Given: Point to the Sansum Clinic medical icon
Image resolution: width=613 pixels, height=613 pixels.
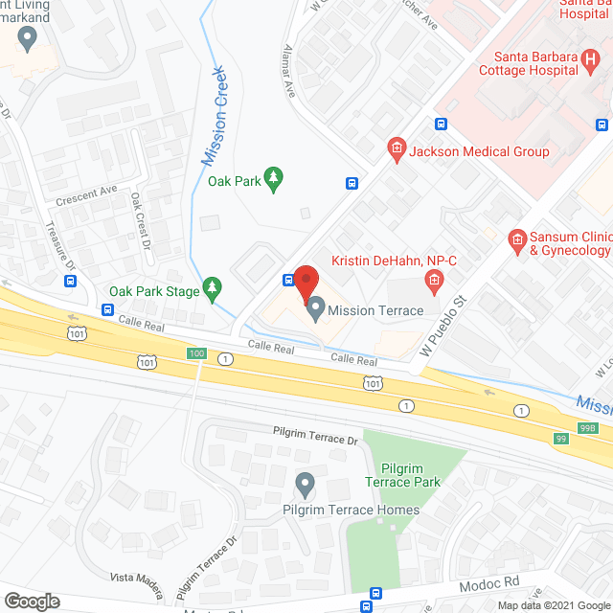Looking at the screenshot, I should pyautogui.click(x=516, y=238).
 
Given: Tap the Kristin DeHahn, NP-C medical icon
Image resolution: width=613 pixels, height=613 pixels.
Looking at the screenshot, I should pyautogui.click(x=433, y=280).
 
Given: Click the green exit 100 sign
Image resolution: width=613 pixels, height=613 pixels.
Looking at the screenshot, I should pyautogui.click(x=195, y=354).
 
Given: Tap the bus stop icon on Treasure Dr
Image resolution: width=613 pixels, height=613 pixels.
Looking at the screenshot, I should pyautogui.click(x=71, y=282).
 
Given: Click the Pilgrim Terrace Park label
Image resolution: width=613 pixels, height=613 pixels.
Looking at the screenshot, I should pyautogui.click(x=416, y=474).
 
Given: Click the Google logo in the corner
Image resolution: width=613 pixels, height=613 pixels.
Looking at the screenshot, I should pyautogui.click(x=31, y=602).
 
